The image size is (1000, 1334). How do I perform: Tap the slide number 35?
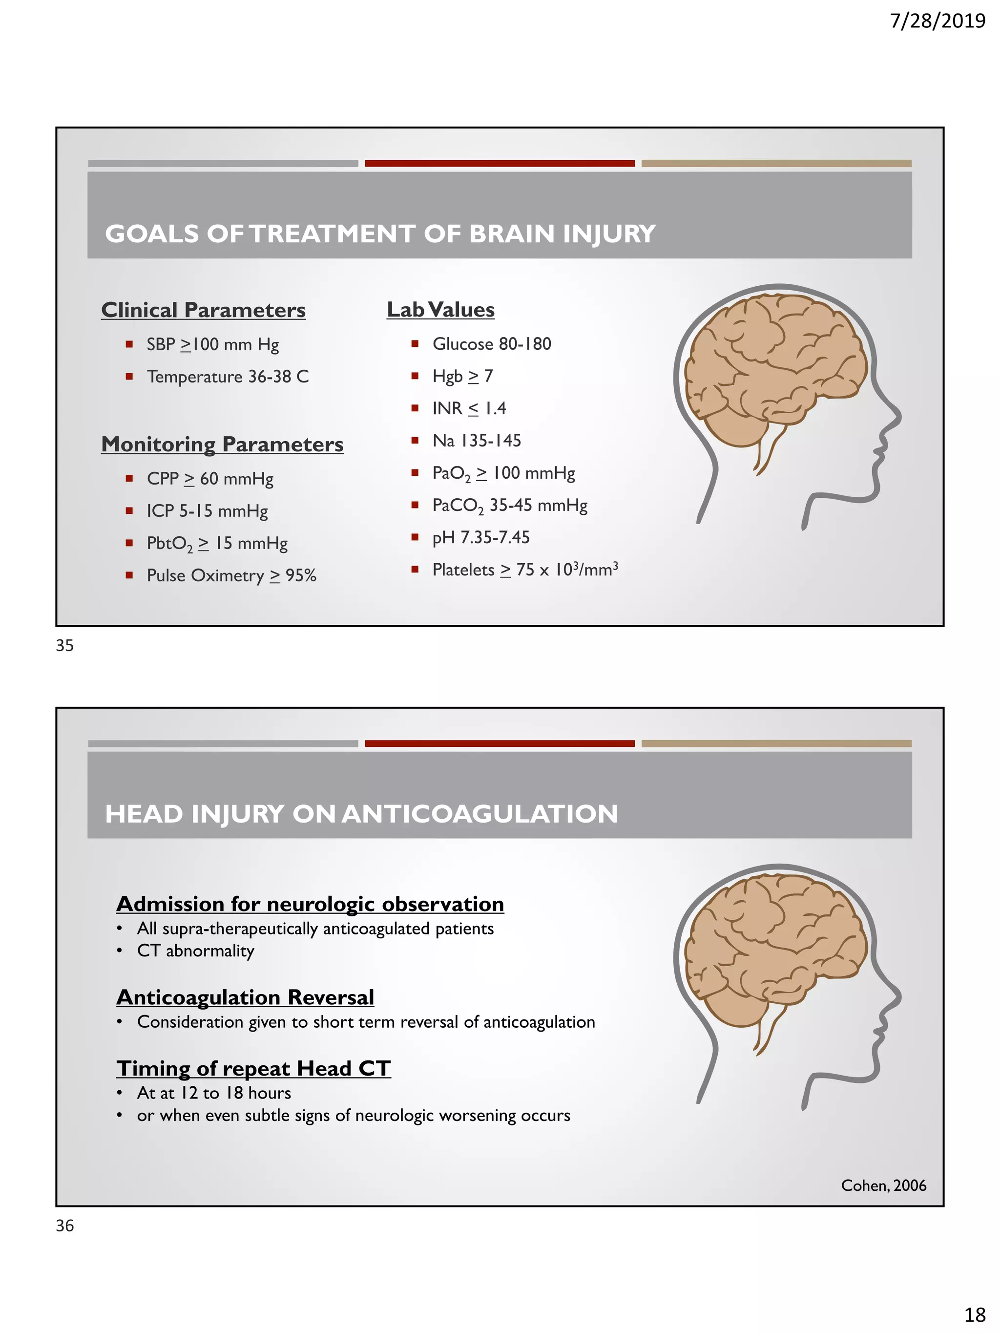(x=64, y=645)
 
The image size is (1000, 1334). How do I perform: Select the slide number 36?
(x=64, y=1226)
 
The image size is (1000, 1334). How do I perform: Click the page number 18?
(x=975, y=1314)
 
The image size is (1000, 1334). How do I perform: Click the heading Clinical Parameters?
(x=203, y=310)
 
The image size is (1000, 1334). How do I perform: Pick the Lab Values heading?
(x=440, y=310)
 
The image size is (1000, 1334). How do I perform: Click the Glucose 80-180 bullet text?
(x=491, y=344)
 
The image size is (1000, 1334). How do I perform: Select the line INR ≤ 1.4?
(x=468, y=409)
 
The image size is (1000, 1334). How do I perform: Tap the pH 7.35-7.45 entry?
(x=480, y=537)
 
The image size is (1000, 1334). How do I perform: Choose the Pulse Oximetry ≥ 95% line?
(x=231, y=576)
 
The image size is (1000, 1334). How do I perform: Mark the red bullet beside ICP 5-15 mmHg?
(x=129, y=511)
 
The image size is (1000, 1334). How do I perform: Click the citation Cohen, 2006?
(x=883, y=1186)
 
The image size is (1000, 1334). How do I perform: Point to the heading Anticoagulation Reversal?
(x=245, y=997)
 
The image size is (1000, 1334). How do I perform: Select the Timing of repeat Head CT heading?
(x=253, y=1069)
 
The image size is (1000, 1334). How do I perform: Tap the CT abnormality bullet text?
(x=195, y=951)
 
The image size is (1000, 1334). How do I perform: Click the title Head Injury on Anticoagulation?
(x=361, y=814)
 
